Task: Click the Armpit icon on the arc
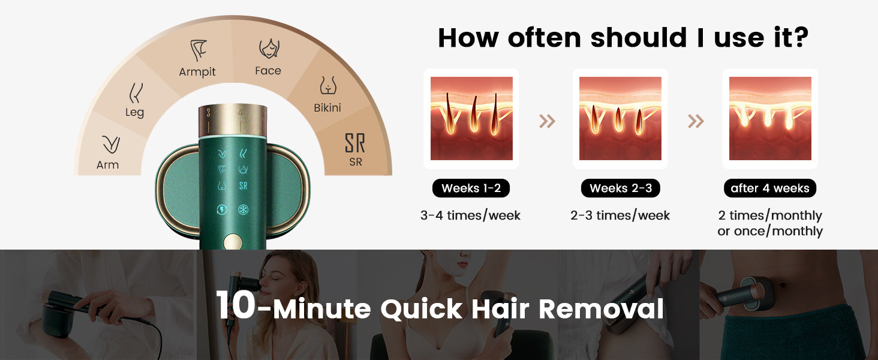pyautogui.click(x=199, y=50)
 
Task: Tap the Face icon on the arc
pyautogui.click(x=269, y=49)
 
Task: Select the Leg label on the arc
pyautogui.click(x=134, y=113)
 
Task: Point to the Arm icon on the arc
pyautogui.click(x=111, y=145)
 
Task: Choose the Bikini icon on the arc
pyautogui.click(x=328, y=85)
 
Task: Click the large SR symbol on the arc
pyautogui.click(x=354, y=143)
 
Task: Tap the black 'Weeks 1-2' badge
pyautogui.click(x=471, y=188)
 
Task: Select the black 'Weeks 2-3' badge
pyautogui.click(x=621, y=188)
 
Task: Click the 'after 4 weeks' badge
pyautogui.click(x=770, y=188)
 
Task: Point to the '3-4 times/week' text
pyautogui.click(x=470, y=215)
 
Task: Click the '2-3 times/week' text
pyautogui.click(x=620, y=215)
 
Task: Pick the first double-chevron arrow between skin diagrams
pyautogui.click(x=547, y=121)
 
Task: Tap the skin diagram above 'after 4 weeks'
pyautogui.click(x=770, y=118)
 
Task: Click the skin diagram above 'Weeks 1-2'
pyautogui.click(x=471, y=118)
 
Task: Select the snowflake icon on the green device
pyautogui.click(x=243, y=209)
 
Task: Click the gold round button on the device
pyautogui.click(x=233, y=242)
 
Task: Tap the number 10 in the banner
pyautogui.click(x=236, y=305)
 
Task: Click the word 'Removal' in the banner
pyautogui.click(x=601, y=309)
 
